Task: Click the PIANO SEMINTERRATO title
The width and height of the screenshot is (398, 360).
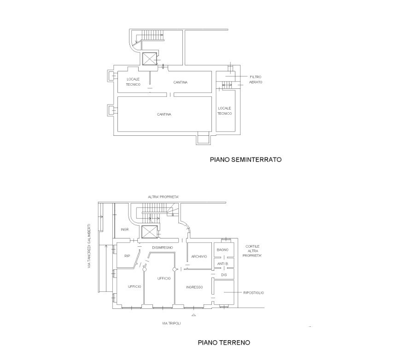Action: coord(246,160)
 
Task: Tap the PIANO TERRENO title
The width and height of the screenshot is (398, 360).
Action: coord(224,343)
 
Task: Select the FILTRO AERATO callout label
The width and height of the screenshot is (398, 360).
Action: coord(256,79)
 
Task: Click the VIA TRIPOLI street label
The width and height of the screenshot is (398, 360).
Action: coord(171,324)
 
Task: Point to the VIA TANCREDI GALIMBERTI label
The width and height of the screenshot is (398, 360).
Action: coord(89,245)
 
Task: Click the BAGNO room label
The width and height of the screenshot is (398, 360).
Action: coord(222,250)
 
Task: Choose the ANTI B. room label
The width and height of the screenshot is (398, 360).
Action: coord(223,264)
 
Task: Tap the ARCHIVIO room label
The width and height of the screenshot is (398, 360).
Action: coord(199,256)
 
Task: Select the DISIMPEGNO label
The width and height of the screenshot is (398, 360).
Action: coord(163,248)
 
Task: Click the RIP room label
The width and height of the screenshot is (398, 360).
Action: coord(127,256)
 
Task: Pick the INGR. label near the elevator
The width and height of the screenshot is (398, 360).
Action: coord(125,230)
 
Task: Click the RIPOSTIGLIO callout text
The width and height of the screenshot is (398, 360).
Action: coord(253,293)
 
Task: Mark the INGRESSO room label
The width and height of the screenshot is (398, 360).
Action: coord(194,287)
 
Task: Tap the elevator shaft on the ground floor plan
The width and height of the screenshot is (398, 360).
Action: coord(149,232)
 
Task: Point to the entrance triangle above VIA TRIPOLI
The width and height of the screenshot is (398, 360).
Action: coord(193,315)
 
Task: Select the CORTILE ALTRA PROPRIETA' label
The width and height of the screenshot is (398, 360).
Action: coord(252,251)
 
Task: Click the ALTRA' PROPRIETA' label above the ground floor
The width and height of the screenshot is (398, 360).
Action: coord(164,197)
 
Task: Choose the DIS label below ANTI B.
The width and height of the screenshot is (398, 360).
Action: coord(224,275)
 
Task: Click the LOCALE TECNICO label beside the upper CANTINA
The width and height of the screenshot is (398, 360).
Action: coord(133,82)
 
